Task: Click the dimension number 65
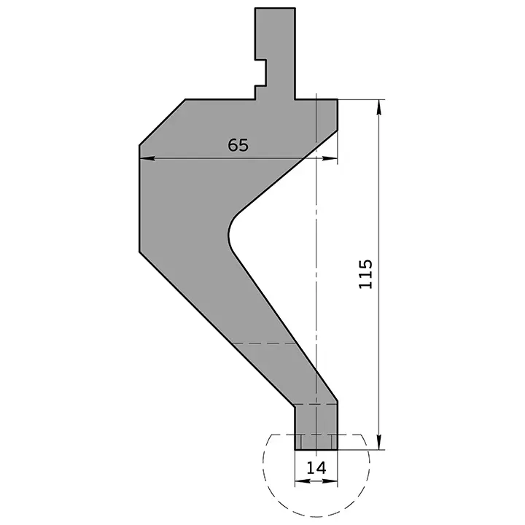[238, 144]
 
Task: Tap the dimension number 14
[316, 467]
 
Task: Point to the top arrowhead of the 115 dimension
[379, 105]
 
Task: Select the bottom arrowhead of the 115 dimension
[379, 444]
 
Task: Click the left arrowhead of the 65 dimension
[144, 157]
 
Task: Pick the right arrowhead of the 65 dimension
[333, 157]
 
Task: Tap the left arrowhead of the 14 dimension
[299, 481]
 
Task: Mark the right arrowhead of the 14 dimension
[335, 481]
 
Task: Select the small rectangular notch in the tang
[260, 72]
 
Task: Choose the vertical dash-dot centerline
[316, 277]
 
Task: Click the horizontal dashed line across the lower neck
[262, 343]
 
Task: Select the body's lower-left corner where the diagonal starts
[139, 252]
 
